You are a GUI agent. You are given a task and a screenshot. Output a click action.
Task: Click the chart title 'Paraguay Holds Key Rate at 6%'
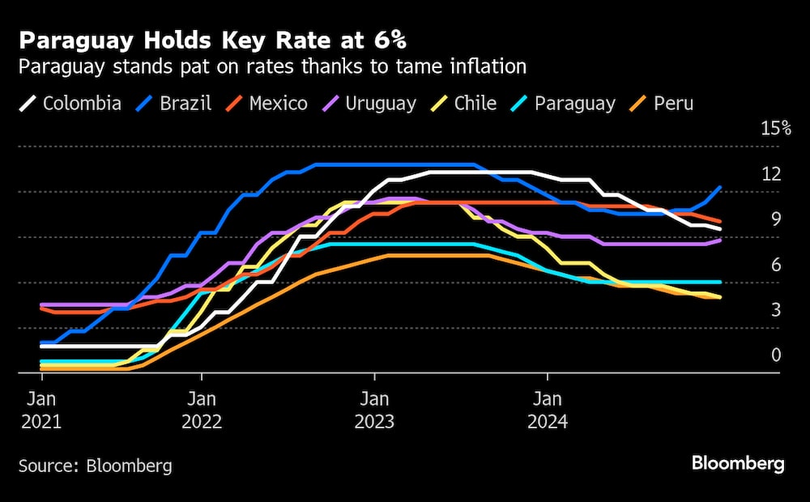coord(214,40)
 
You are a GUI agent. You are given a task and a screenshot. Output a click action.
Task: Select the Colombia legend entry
coord(70,104)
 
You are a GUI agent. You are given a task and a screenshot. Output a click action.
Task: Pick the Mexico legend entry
coord(266,104)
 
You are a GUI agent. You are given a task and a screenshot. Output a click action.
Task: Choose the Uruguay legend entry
coord(368,104)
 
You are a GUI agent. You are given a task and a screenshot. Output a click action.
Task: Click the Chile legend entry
coord(463,104)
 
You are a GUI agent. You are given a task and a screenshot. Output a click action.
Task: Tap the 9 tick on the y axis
coord(775,219)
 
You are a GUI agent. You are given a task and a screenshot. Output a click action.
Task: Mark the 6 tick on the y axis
coord(775,265)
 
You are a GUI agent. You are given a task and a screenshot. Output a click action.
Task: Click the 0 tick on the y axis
coord(775,355)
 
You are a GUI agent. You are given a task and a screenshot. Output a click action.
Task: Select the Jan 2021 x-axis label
coord(42,410)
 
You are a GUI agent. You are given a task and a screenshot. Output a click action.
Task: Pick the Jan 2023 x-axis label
coord(374,410)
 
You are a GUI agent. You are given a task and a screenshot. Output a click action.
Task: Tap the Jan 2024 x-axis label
coord(548,410)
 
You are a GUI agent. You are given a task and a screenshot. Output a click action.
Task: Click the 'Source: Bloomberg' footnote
coord(96,466)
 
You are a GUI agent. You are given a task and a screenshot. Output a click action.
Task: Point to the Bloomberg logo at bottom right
coord(737,464)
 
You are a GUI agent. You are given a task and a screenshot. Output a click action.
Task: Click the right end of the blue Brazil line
coord(720,187)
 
